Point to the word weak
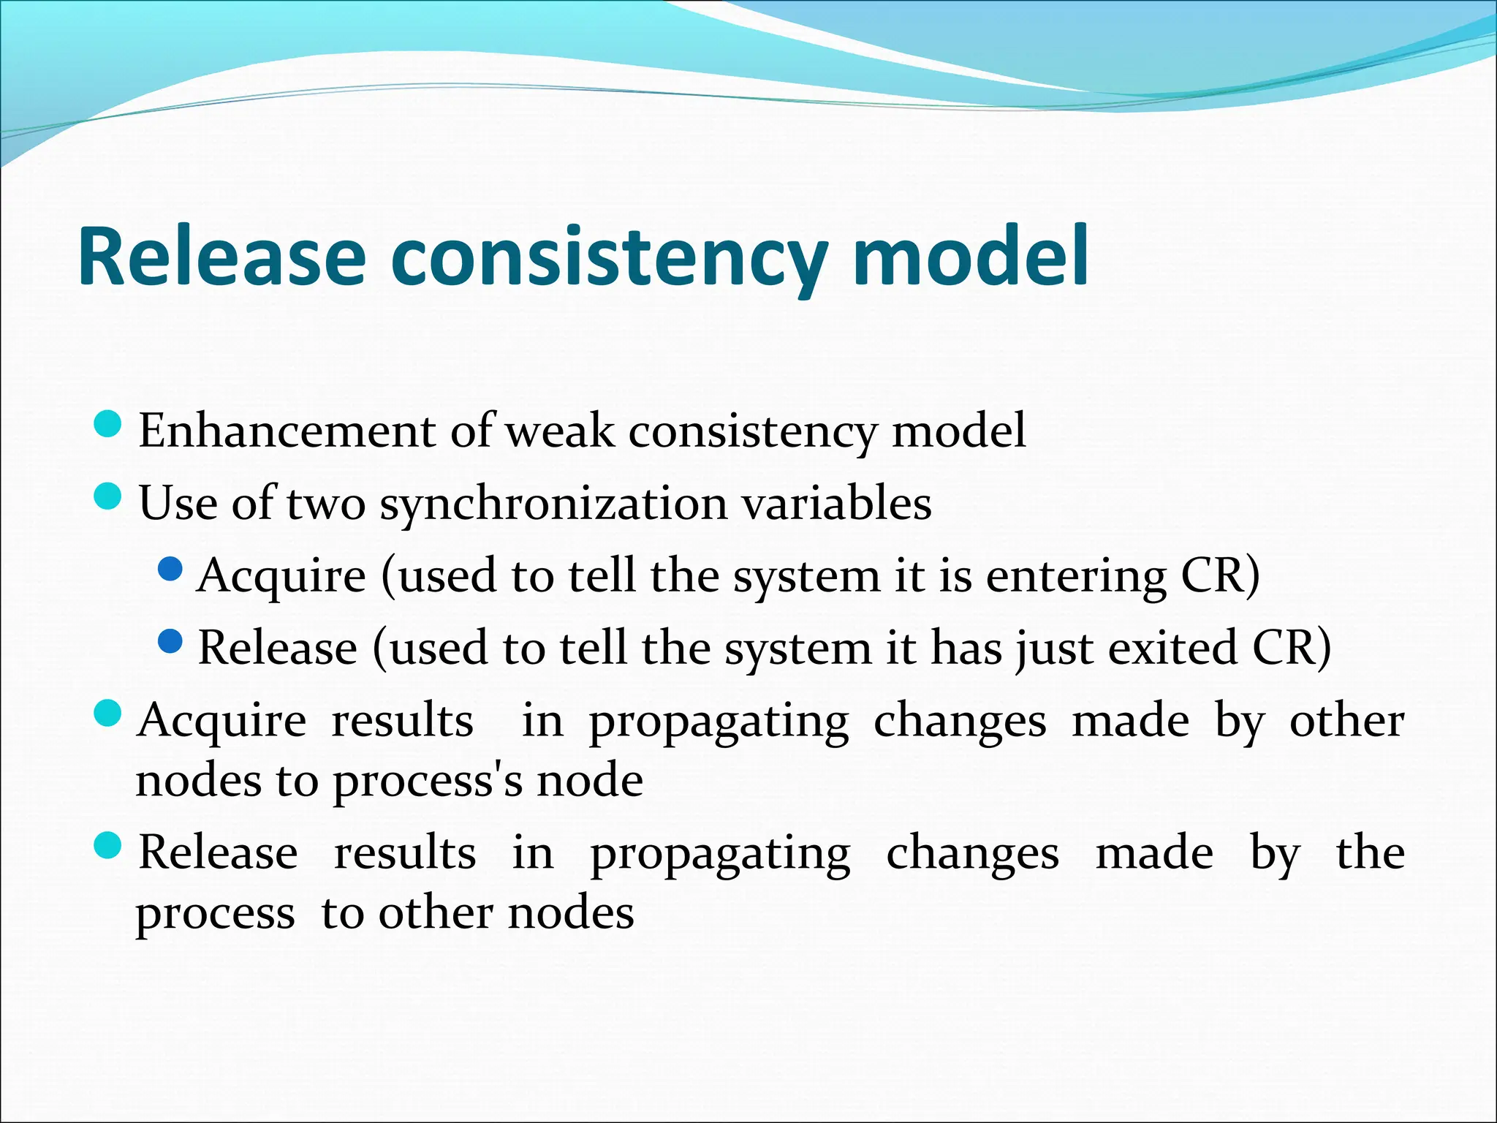coord(559,431)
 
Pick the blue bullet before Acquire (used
coord(170,568)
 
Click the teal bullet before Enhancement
coord(108,424)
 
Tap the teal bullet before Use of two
coord(108,497)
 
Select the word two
coord(325,504)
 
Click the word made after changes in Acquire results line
coord(1130,722)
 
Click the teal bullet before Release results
coord(108,847)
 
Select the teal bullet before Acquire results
coord(108,714)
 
